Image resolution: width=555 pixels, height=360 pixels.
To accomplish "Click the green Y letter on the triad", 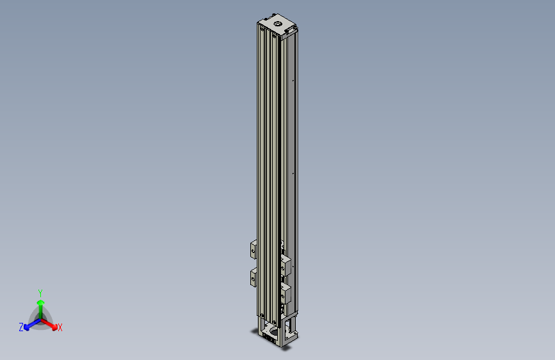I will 40,292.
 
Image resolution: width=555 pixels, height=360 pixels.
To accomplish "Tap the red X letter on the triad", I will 60,327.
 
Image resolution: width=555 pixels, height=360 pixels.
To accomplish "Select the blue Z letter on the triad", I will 21,327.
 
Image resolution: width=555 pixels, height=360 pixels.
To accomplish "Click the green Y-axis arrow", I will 40,304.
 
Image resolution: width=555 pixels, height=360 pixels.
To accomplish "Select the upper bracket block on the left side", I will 253,248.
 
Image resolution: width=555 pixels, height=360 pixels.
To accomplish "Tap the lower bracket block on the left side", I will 253,277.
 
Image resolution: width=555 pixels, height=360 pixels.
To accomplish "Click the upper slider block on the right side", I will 286,265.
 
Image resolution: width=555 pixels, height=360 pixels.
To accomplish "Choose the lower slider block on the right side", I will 286,295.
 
